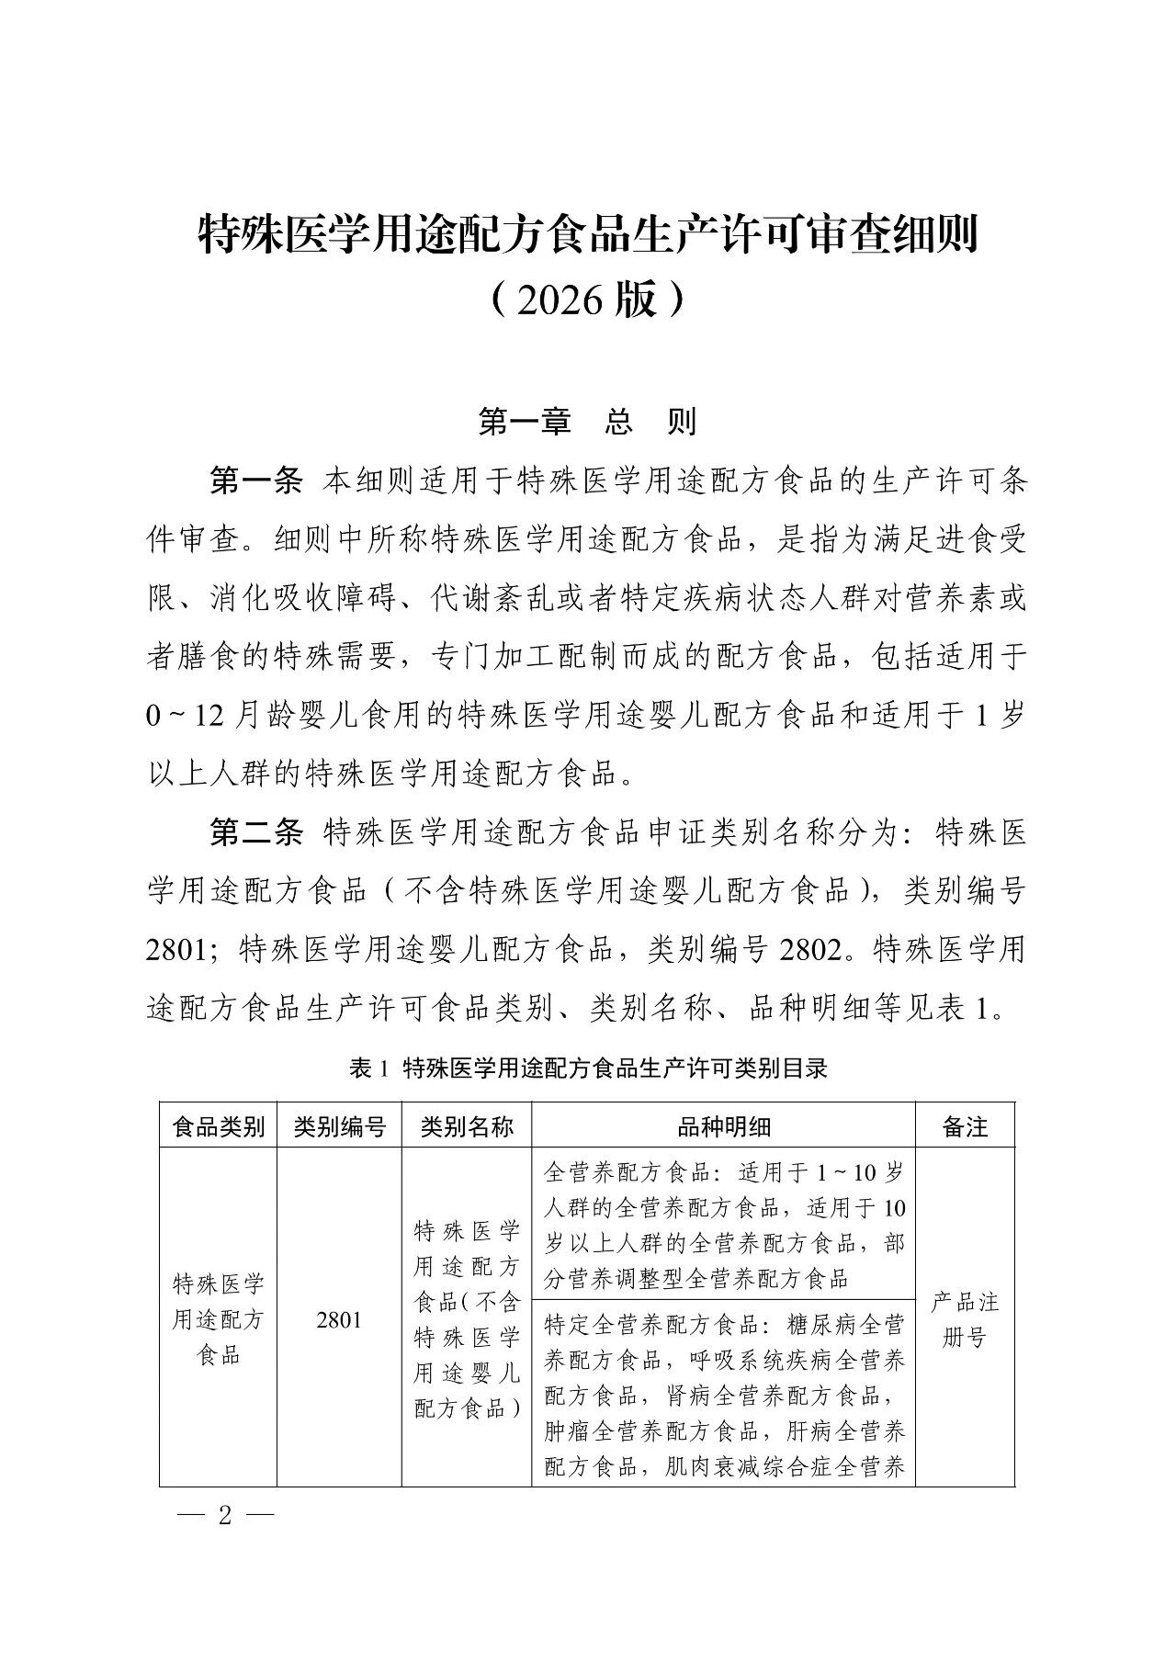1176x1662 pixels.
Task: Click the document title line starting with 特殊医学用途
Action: click(x=588, y=236)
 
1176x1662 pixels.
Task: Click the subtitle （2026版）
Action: click(x=588, y=300)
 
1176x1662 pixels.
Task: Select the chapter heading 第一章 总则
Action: click(x=588, y=422)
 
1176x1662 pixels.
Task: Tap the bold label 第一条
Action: click(x=256, y=481)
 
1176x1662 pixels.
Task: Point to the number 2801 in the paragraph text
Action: click(x=180, y=950)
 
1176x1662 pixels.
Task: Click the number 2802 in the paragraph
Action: click(x=809, y=950)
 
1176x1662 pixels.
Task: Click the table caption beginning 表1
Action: click(x=588, y=1068)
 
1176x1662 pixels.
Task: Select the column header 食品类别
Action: click(x=219, y=1126)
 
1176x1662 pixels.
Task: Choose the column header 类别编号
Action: click(x=339, y=1126)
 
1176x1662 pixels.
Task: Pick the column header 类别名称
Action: click(x=467, y=1126)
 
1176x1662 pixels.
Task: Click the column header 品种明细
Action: click(x=723, y=1126)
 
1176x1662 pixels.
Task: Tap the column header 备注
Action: click(x=965, y=1126)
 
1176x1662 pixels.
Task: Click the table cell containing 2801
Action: click(x=339, y=1320)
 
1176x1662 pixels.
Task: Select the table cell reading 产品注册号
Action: click(x=965, y=1320)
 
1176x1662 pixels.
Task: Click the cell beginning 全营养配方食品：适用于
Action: click(x=723, y=1225)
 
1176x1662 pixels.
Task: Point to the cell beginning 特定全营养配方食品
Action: click(x=723, y=1395)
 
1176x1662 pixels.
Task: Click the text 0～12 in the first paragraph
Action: click(x=185, y=717)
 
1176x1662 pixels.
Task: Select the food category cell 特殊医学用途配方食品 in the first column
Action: click(x=219, y=1320)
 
